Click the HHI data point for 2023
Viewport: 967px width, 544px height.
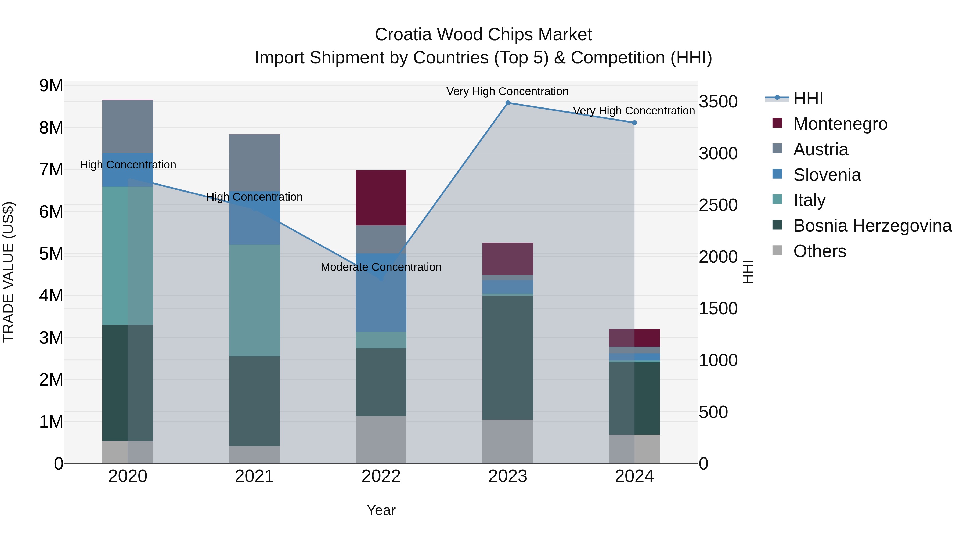(x=507, y=103)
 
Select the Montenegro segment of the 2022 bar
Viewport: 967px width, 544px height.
(x=381, y=198)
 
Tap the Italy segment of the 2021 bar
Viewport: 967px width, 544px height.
(x=255, y=300)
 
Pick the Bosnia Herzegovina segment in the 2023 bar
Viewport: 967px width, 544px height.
(x=507, y=357)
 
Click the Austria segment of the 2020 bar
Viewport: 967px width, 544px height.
(x=128, y=127)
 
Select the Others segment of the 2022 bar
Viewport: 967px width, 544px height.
(x=381, y=439)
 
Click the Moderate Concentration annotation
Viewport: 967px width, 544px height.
(x=381, y=267)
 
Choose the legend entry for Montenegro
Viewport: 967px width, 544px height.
(x=840, y=124)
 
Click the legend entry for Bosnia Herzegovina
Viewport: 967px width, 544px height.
(x=872, y=226)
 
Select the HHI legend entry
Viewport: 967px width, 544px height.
(x=808, y=98)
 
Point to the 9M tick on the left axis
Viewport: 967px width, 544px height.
(x=51, y=86)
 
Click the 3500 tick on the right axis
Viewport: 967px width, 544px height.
(x=718, y=102)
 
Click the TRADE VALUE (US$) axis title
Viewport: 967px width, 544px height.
(x=8, y=272)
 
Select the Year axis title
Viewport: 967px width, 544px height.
(x=381, y=510)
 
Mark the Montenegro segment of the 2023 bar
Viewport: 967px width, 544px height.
(x=507, y=259)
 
